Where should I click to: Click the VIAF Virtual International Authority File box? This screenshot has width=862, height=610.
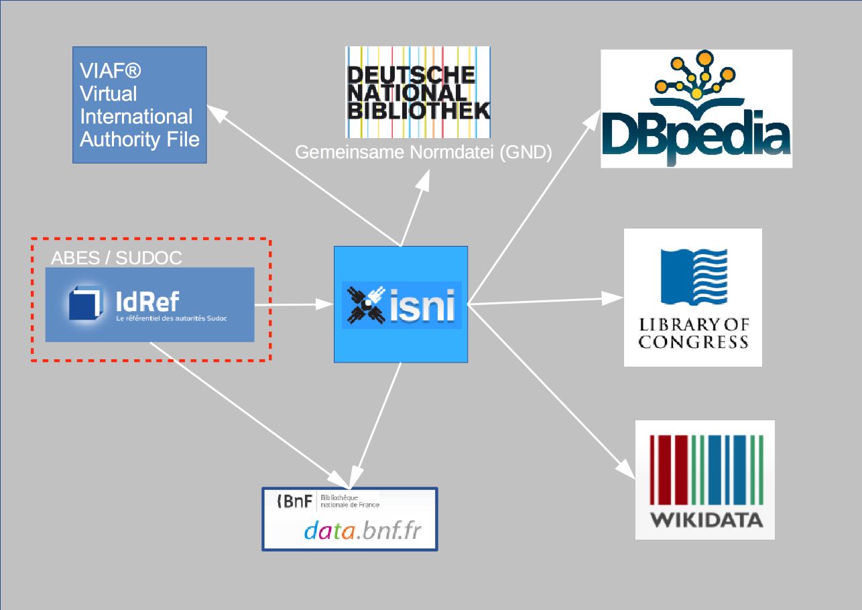139,105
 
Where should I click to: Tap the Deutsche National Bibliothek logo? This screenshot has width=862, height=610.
418,92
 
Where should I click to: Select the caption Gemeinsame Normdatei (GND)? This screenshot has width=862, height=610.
423,153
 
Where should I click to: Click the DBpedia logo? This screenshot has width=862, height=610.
696,109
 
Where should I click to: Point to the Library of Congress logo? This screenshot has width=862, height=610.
692,298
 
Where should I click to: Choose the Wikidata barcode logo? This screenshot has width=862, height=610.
704,480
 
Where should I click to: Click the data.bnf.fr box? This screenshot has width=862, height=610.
349,520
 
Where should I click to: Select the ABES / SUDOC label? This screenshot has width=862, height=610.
117,258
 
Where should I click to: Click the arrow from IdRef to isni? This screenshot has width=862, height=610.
295,305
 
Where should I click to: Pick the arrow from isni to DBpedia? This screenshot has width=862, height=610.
536,204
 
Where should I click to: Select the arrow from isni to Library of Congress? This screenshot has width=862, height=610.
546,302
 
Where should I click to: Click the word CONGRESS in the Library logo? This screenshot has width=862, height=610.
692,343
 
